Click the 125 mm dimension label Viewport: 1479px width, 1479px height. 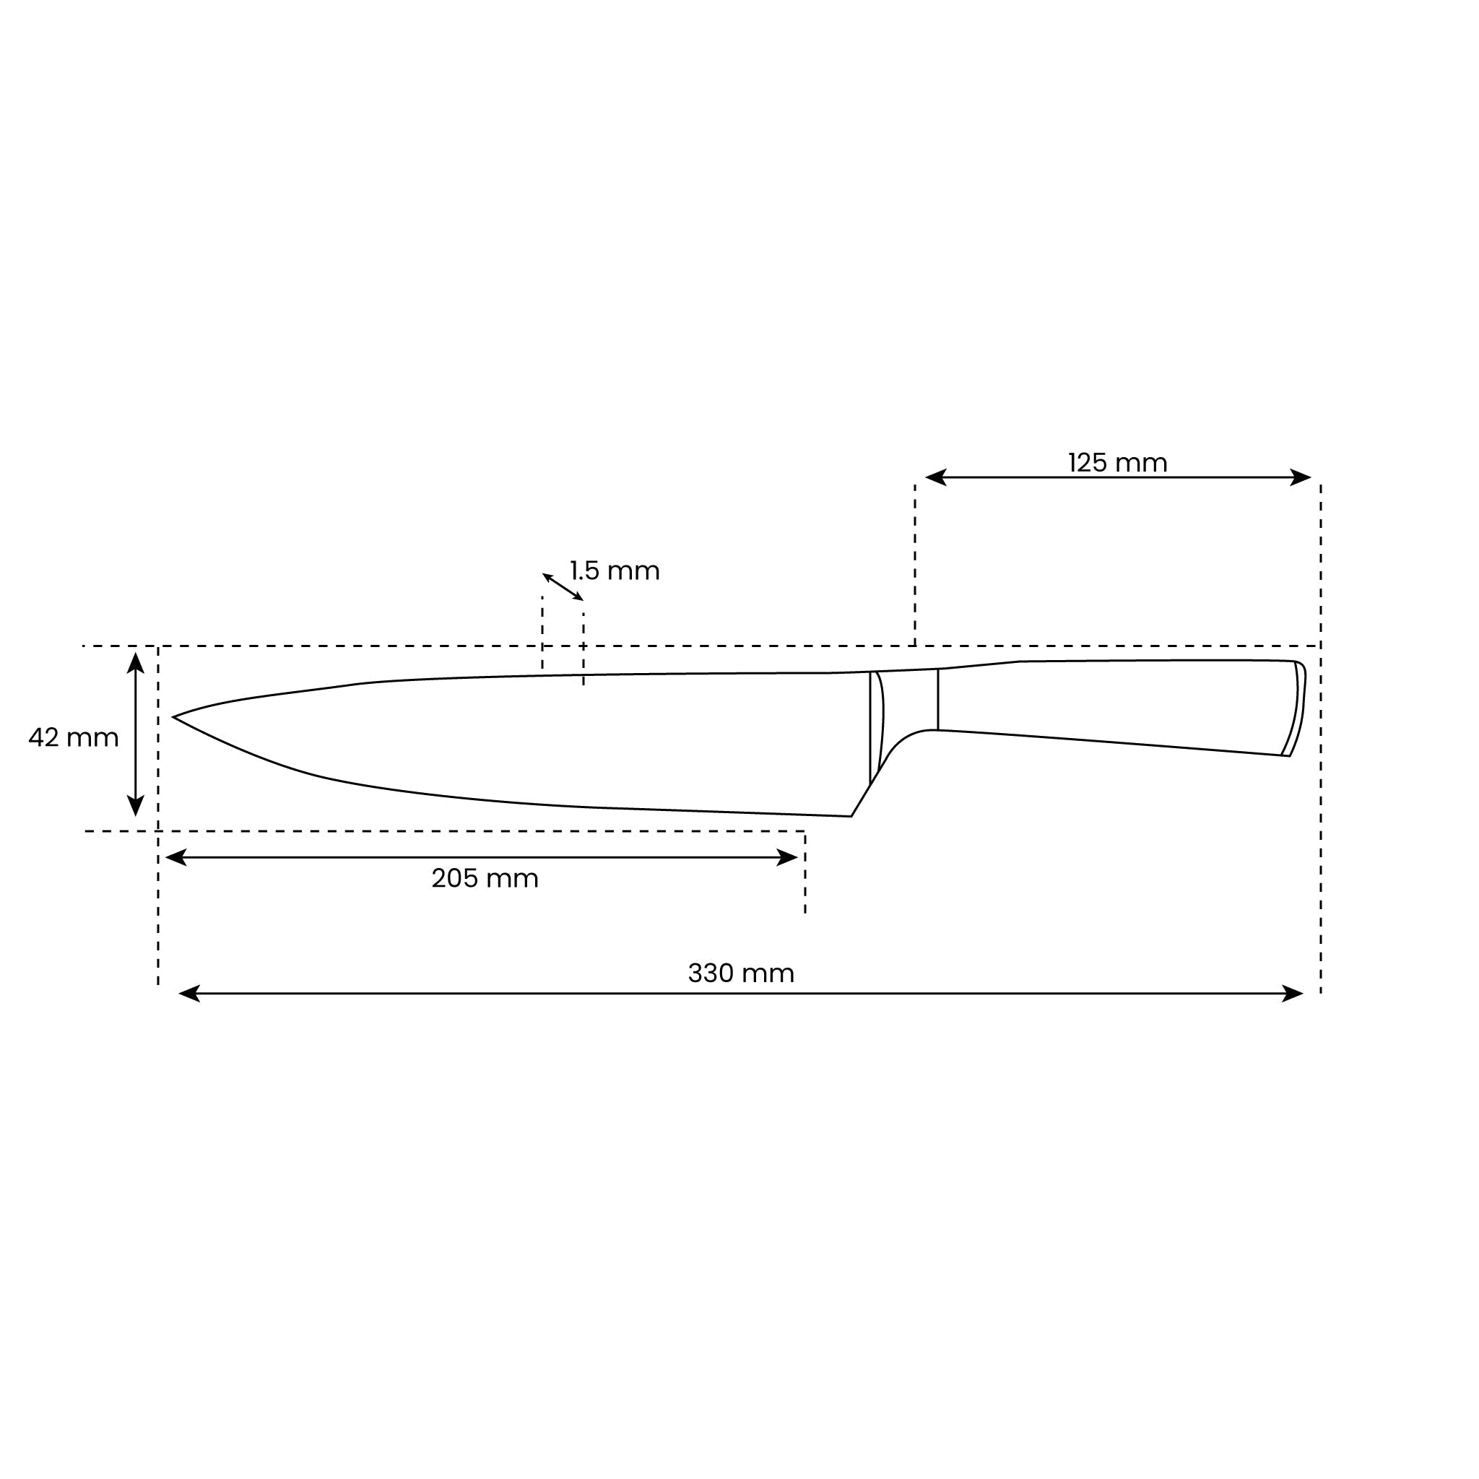click(x=1117, y=463)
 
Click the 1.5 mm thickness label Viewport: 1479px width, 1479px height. click(x=615, y=571)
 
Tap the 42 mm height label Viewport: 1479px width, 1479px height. click(x=74, y=738)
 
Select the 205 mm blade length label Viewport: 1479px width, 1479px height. click(x=485, y=878)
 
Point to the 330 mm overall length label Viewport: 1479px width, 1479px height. click(x=740, y=973)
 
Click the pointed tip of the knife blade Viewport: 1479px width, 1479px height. click(x=175, y=717)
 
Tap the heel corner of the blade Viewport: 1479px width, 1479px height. click(x=851, y=815)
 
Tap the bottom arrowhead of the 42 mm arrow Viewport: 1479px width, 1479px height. click(x=136, y=805)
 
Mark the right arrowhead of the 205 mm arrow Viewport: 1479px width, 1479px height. click(x=788, y=857)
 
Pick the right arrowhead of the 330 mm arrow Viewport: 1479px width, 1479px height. click(x=1293, y=994)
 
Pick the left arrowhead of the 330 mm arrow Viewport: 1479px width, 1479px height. click(x=188, y=994)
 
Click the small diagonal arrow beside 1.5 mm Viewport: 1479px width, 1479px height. click(x=563, y=587)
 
